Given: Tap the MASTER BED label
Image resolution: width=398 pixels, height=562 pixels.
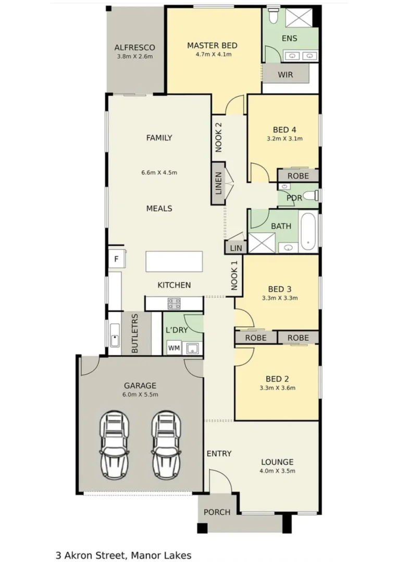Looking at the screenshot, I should click(x=213, y=45).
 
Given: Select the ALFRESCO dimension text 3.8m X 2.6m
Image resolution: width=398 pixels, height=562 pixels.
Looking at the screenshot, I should click(x=134, y=56).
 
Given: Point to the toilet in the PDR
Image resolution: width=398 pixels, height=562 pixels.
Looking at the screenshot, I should click(x=311, y=196).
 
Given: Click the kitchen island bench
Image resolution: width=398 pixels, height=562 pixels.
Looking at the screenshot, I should click(x=174, y=261).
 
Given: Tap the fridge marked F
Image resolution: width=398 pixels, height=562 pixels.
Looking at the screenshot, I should click(x=115, y=259).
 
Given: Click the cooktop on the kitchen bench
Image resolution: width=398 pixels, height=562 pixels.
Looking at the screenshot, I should click(x=173, y=303).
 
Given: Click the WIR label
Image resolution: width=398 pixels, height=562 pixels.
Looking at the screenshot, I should click(x=285, y=74).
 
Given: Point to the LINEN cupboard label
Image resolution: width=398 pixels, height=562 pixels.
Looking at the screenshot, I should click(x=218, y=184).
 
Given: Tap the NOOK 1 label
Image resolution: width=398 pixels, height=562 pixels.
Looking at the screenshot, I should click(x=234, y=275).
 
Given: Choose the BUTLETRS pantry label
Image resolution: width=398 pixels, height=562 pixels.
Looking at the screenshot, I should click(x=135, y=334).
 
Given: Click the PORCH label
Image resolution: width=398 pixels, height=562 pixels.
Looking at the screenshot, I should click(x=217, y=512).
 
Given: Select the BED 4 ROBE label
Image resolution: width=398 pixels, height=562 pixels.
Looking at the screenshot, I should click(x=297, y=176).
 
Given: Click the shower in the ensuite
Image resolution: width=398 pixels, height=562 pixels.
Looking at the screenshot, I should click(x=298, y=18).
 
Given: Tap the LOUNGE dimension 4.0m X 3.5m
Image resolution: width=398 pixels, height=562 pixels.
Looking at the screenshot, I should click(x=277, y=471).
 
